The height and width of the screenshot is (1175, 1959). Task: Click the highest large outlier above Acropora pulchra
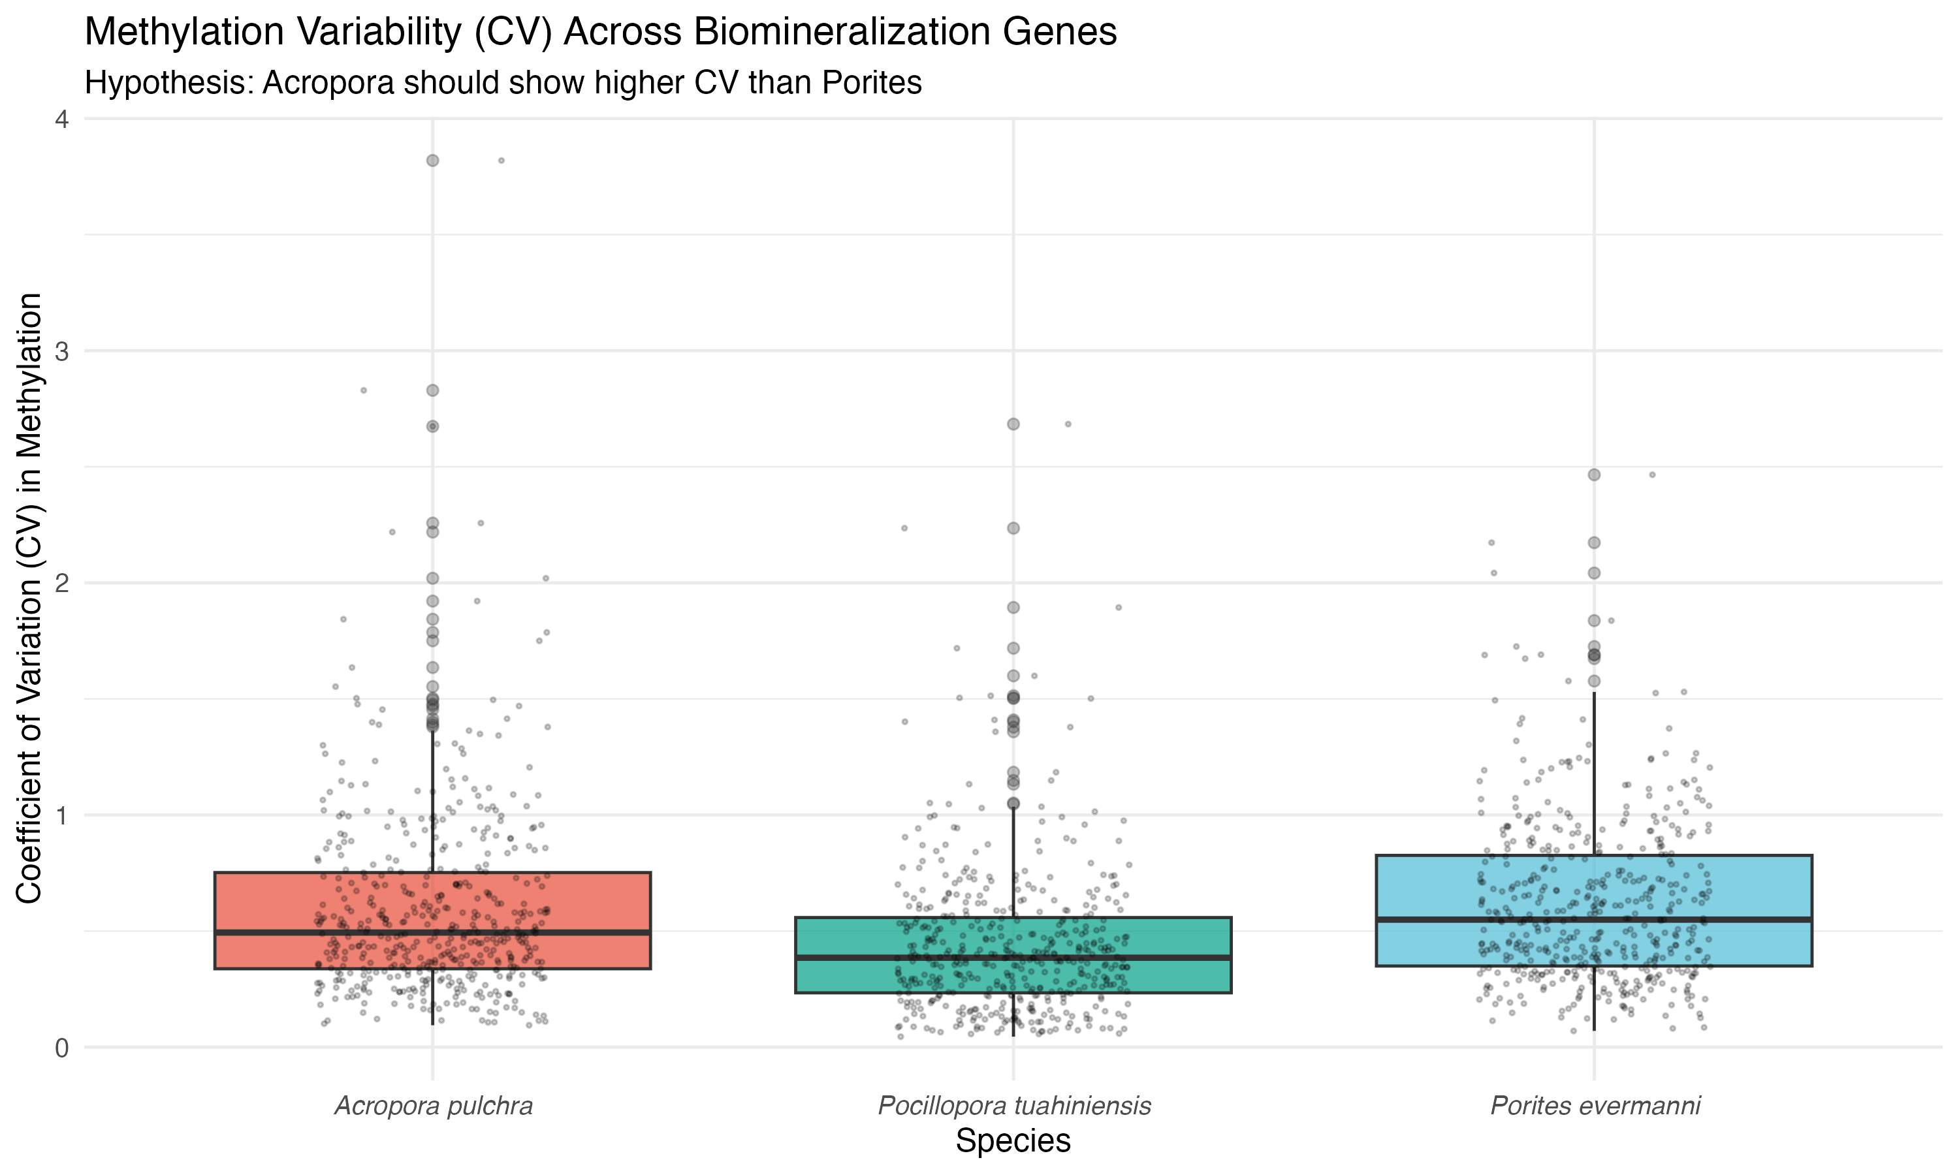432,161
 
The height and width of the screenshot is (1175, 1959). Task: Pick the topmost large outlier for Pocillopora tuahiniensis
1013,424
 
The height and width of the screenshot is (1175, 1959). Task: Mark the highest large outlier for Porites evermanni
1594,475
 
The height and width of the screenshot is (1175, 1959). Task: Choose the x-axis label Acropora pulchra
433,1105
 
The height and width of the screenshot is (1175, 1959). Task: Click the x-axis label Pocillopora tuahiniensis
1013,1105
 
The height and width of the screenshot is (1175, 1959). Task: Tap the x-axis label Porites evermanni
1595,1105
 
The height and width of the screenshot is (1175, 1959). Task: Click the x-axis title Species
1013,1141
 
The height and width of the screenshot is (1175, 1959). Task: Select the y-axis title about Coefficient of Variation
29,598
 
